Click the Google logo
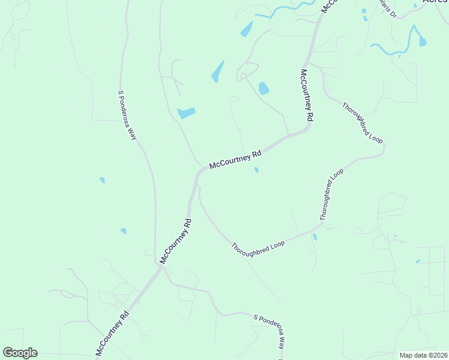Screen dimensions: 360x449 tap(20, 352)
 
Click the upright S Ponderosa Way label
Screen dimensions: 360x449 tap(127, 115)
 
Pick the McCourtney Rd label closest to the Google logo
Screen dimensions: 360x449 tap(112, 332)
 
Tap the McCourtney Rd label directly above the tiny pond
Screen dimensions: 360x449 tap(235, 159)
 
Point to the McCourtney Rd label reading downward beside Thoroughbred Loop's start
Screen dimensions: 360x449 tap(306, 95)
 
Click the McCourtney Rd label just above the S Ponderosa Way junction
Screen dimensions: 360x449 tap(175, 241)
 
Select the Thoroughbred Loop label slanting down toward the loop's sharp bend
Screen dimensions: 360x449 tap(362, 122)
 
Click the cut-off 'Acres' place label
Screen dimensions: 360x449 tap(435, 2)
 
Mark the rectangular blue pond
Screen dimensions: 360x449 tap(187, 112)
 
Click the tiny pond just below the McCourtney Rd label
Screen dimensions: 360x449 tap(256, 170)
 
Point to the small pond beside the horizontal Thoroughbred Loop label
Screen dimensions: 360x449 tap(315, 237)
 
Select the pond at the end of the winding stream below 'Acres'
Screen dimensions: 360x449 tap(423, 41)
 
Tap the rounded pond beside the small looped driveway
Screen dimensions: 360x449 tap(264, 89)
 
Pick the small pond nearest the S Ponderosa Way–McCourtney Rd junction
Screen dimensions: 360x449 tap(124, 231)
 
